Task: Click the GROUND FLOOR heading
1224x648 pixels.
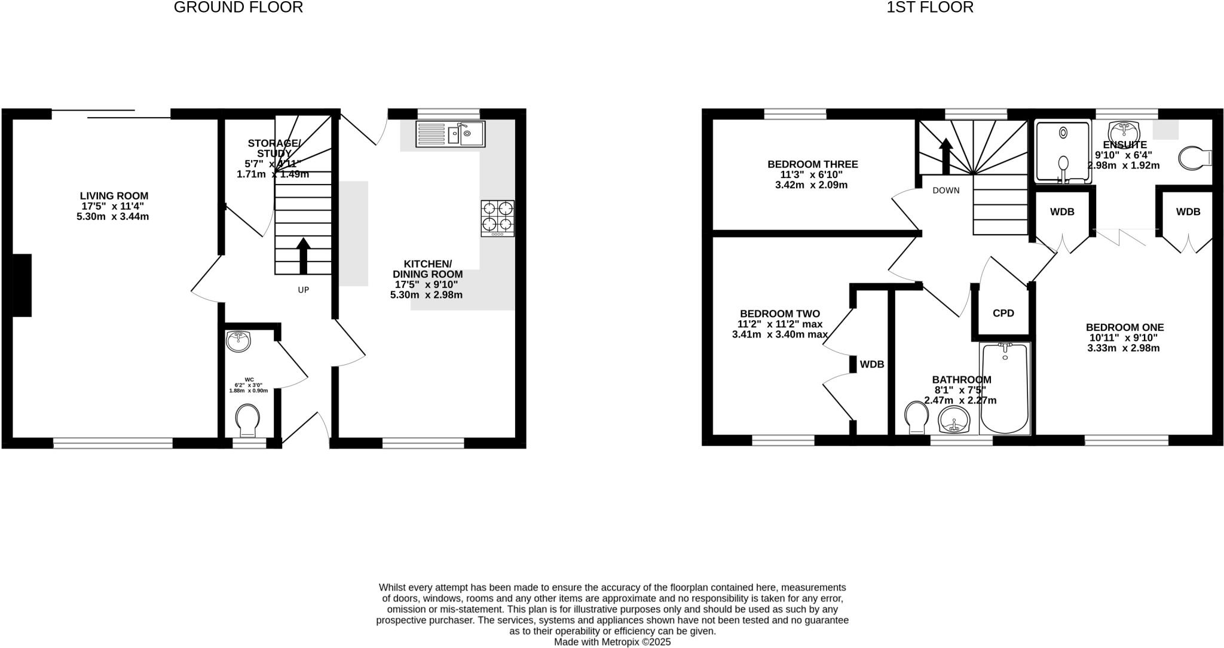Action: pos(238,7)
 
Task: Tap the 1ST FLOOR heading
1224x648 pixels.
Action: pos(930,7)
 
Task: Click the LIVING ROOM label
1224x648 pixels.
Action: pos(114,196)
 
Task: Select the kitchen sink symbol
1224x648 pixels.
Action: pos(450,134)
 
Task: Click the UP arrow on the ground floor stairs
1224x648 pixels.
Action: pos(303,255)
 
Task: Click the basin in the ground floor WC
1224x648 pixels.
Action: pos(239,341)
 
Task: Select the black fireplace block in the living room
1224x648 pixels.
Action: pos(22,285)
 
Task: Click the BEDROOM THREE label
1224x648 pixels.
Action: pos(812,164)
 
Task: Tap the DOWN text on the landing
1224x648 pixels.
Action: pos(945,191)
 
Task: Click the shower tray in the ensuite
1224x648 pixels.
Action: pos(1063,152)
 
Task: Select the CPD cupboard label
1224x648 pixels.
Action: pos(1003,313)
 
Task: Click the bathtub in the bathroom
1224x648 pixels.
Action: pos(1005,388)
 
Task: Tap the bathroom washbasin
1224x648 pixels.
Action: pos(954,420)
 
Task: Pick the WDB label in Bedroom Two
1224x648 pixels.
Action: pos(871,364)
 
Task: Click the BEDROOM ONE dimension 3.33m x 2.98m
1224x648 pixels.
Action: pos(1124,348)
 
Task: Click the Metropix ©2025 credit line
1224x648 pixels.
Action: pos(612,642)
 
